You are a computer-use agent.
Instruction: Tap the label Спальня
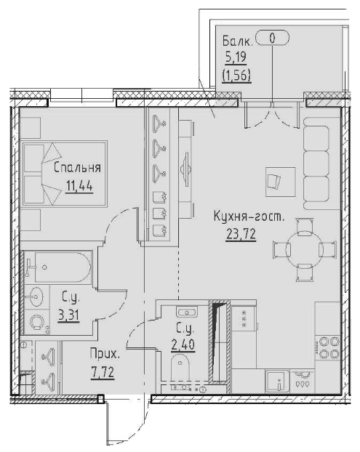point(76,169)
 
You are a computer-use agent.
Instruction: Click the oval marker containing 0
point(272,38)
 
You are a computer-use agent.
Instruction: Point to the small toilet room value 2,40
point(182,344)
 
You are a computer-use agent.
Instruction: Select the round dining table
point(298,249)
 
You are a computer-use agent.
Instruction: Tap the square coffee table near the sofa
point(280,180)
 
